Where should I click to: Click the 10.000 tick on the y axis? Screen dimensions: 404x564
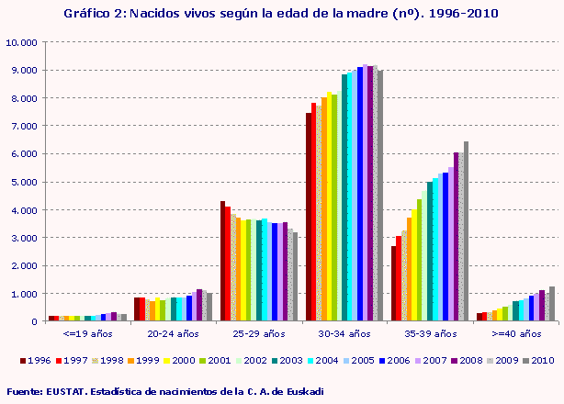point(21,42)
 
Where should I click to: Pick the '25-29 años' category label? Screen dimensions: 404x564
point(257,334)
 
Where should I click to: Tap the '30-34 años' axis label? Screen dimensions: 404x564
point(343,334)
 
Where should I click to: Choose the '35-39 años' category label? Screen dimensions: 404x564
point(427,334)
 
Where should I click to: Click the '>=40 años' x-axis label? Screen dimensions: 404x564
point(513,334)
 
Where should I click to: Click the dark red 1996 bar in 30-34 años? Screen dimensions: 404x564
point(309,217)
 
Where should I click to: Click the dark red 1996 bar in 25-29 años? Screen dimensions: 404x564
point(222,261)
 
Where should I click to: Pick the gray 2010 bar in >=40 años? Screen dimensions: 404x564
point(551,304)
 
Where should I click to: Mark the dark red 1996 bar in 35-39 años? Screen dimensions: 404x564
point(393,284)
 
